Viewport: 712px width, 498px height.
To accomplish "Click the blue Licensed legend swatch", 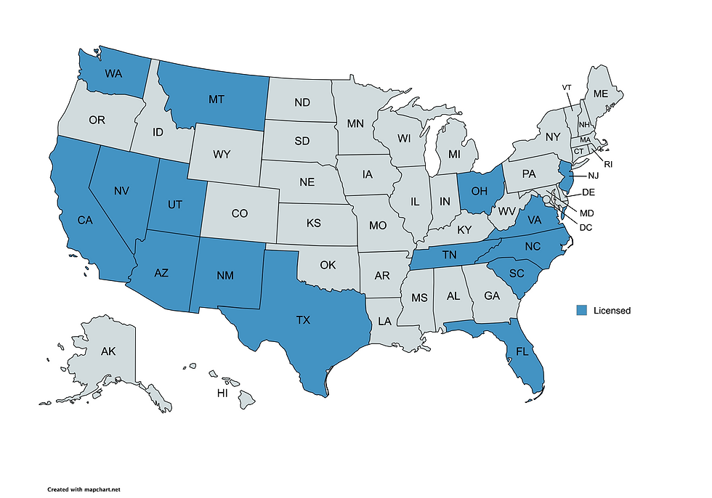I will tap(581, 311).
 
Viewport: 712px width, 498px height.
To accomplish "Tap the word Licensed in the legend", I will tap(612, 311).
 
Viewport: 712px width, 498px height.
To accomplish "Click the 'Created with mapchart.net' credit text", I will tap(84, 490).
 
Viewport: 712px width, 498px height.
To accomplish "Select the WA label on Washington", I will tap(113, 73).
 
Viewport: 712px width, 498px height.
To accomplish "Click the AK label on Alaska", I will tap(108, 352).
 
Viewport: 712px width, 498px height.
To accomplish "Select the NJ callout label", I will tap(593, 176).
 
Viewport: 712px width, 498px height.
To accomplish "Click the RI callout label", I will tap(608, 165).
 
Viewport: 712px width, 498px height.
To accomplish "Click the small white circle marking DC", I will tap(546, 199).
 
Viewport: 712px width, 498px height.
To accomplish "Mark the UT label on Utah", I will tap(174, 205).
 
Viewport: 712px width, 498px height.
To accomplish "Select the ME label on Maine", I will tap(601, 94).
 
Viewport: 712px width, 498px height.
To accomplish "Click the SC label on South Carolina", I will tap(516, 273).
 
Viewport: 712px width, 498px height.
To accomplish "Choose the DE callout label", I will tap(589, 192).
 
